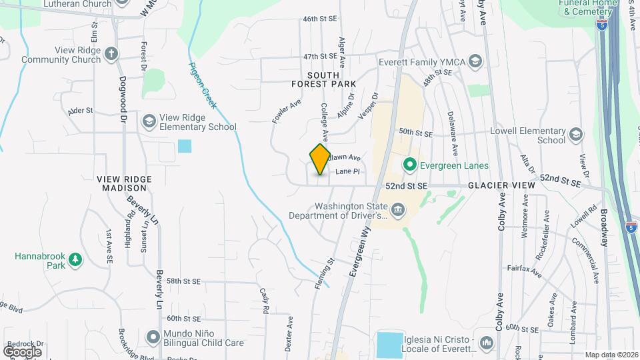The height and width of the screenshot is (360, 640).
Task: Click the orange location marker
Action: tap(321, 159)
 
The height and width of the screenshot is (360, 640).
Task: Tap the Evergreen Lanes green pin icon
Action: tap(409, 165)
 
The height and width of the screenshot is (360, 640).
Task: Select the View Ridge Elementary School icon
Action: tap(149, 121)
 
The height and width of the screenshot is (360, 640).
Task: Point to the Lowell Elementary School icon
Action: tap(574, 136)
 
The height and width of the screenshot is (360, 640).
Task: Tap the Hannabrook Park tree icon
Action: tap(75, 259)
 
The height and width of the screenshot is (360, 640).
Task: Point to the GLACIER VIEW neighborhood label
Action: tap(501, 185)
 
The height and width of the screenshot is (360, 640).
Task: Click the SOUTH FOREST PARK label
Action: tap(323, 79)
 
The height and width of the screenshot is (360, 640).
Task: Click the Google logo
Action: tap(23, 351)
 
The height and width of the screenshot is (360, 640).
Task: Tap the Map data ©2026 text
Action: tap(611, 355)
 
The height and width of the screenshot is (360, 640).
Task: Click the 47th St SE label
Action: tap(320, 57)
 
